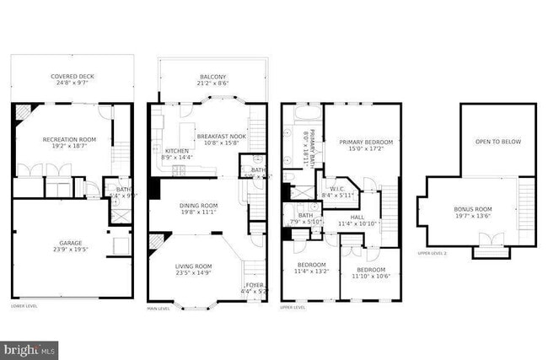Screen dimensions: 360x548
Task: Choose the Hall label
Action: (357, 220)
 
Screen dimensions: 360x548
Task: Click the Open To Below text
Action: (497, 142)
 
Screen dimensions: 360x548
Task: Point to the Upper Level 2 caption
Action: (432, 253)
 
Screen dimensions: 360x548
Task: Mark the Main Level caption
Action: (158, 309)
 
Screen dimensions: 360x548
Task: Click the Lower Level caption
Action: (24, 306)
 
